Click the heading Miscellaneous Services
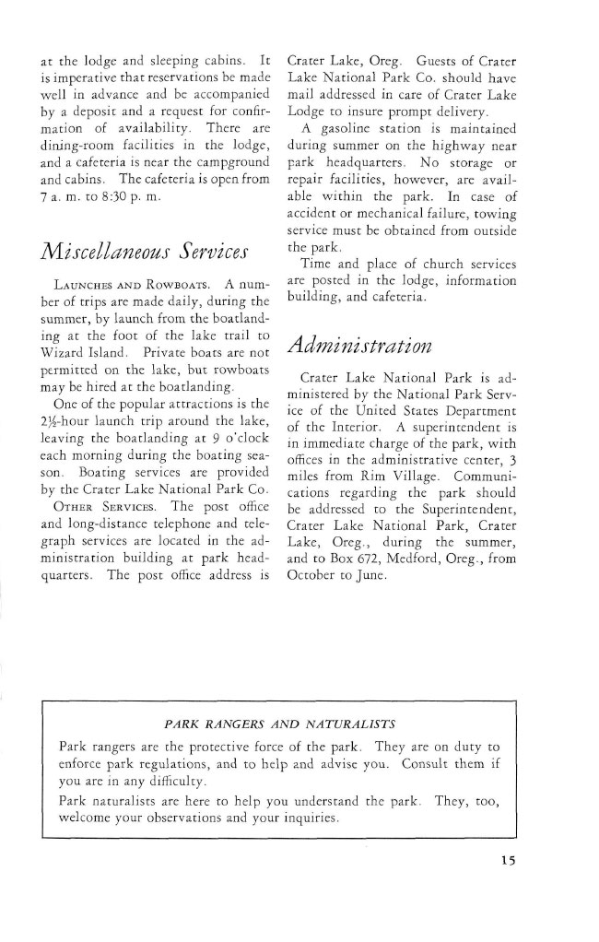tap(143, 249)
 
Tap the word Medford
tap(403, 535)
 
